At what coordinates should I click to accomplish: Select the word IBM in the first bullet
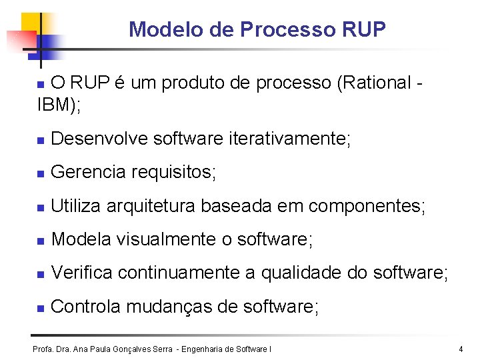(x=53, y=105)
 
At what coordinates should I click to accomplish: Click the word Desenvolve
(x=99, y=139)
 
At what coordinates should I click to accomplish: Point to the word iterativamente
(x=288, y=139)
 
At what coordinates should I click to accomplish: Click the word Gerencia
(x=88, y=172)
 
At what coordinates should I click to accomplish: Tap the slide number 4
(x=461, y=349)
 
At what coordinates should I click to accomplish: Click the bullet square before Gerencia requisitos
(x=40, y=173)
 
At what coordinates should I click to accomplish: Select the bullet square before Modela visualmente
(x=40, y=240)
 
